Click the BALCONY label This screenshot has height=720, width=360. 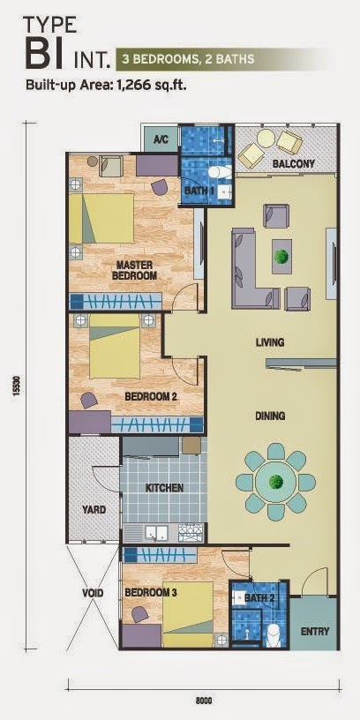pyautogui.click(x=294, y=163)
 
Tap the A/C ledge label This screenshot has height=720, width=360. pyautogui.click(x=160, y=139)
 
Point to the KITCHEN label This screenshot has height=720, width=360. pyautogui.click(x=165, y=488)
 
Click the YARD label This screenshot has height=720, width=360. pyautogui.click(x=94, y=510)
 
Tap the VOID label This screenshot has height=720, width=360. pyautogui.click(x=93, y=593)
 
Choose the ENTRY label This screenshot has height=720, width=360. pyautogui.click(x=315, y=632)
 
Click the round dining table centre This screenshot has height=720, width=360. pyautogui.click(x=276, y=482)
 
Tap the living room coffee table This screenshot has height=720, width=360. pyautogui.click(x=281, y=256)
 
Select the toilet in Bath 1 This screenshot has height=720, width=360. pyautogui.click(x=219, y=172)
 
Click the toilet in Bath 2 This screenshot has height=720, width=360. pyautogui.click(x=274, y=633)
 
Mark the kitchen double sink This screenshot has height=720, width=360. pyautogui.click(x=156, y=533)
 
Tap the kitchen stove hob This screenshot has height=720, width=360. pyautogui.click(x=189, y=533)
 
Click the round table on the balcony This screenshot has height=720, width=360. pyautogui.click(x=266, y=139)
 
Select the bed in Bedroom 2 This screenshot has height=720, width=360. pyautogui.click(x=115, y=346)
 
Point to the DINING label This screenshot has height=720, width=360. pyautogui.click(x=270, y=416)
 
